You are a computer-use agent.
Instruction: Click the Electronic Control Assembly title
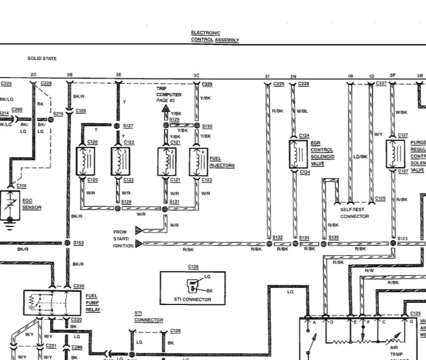coord(215,36)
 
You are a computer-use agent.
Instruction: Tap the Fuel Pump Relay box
coord(53,303)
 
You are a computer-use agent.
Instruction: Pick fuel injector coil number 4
coord(199,161)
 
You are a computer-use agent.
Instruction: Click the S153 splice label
coord(79,243)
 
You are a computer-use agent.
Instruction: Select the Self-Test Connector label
coord(354,213)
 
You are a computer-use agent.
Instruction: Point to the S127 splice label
coord(128,126)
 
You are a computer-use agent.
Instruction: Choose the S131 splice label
coord(175,201)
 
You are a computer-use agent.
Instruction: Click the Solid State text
coord(42,58)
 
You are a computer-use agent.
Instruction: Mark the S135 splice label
coord(334,237)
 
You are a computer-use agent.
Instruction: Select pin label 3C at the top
coord(196,75)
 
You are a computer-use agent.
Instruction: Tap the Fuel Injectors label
coord(222,162)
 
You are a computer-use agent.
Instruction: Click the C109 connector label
coord(81,111)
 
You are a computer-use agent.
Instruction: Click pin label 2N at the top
coord(293,76)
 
